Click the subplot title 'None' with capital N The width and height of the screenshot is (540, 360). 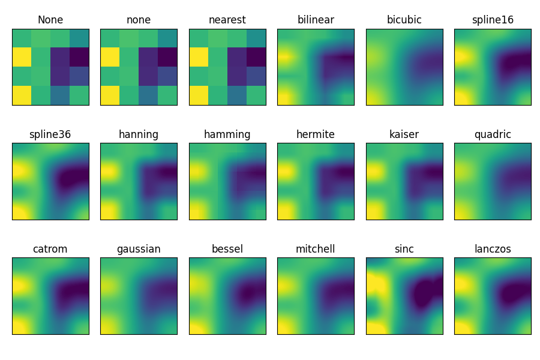pos(50,20)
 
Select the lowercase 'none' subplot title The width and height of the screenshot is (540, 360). pos(139,20)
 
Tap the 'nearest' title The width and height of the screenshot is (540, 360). pos(227,20)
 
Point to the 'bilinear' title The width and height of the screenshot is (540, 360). pos(316,20)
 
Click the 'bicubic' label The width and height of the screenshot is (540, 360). pos(404,20)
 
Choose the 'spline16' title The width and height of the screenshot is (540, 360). pos(493,20)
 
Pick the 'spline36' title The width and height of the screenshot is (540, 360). pos(50,134)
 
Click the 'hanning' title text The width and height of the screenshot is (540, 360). pos(139,134)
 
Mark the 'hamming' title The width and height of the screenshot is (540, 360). pos(227,134)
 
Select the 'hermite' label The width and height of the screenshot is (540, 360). pos(316,134)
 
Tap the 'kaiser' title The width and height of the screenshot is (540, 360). pos(404,134)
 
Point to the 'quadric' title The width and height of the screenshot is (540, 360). pos(493,134)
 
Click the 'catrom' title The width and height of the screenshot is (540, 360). pos(50,249)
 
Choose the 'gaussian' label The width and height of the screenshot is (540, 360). pos(139,249)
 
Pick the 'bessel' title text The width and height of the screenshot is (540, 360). pos(227,249)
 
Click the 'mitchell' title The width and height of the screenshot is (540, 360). pos(316,249)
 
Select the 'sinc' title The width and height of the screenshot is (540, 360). pos(404,249)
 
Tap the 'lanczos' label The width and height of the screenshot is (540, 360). pos(493,249)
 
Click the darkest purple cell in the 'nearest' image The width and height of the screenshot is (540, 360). pos(256,58)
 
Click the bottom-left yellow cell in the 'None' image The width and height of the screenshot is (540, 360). pos(22,95)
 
